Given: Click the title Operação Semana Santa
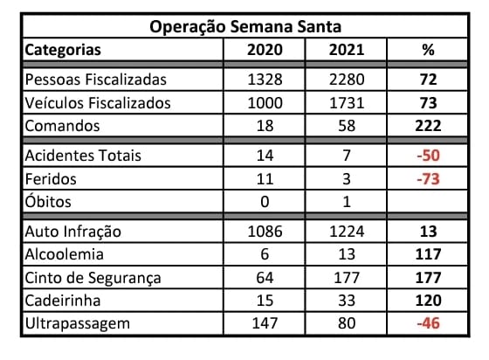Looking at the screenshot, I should [244, 27].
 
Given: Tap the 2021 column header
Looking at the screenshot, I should [347, 50].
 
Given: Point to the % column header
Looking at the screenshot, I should [428, 50].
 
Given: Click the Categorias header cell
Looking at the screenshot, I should [63, 50].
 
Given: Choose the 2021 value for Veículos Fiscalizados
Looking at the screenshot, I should [347, 103].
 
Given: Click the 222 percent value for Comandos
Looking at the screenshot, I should [428, 126].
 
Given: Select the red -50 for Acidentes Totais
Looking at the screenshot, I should [428, 156].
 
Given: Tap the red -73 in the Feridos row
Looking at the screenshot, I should [428, 179].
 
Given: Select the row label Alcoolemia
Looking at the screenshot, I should [65, 256].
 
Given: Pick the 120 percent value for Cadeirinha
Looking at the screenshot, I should [428, 301].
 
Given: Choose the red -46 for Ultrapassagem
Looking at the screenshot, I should [428, 324].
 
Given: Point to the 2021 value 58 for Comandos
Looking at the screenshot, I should [347, 126].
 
